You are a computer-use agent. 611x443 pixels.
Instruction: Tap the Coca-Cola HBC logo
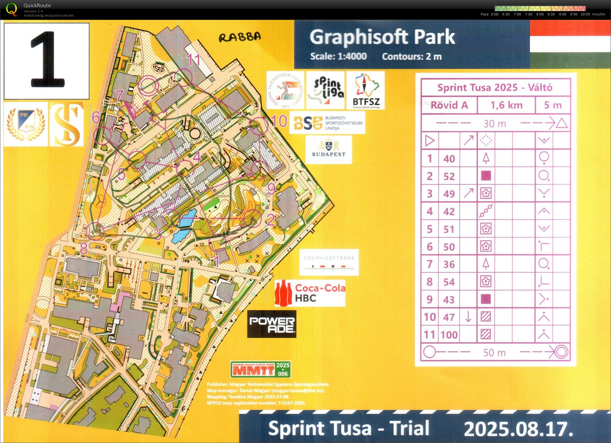tap(310, 293)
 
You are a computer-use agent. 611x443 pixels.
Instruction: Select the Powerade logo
tap(272, 324)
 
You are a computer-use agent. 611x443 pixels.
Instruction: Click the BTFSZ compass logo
tap(366, 90)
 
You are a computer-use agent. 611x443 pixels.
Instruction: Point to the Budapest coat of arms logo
tap(329, 149)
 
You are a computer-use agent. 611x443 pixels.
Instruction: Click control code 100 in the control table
tap(449, 335)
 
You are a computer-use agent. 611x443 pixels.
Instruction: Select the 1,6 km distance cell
tap(506, 105)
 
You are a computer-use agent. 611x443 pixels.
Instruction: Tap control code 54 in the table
tap(449, 282)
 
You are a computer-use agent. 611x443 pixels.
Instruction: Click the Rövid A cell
tap(449, 105)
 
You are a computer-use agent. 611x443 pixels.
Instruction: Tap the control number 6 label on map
tap(96, 117)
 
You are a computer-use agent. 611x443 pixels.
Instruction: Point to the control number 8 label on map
tap(84, 248)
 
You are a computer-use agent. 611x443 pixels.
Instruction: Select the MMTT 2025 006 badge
tap(260, 369)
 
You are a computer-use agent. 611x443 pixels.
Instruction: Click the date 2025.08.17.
tap(518, 429)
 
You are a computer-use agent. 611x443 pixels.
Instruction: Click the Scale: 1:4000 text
tap(338, 56)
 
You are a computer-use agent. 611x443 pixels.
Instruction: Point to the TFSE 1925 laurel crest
tap(26, 124)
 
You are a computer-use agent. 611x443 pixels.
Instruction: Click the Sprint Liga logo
tap(325, 90)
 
